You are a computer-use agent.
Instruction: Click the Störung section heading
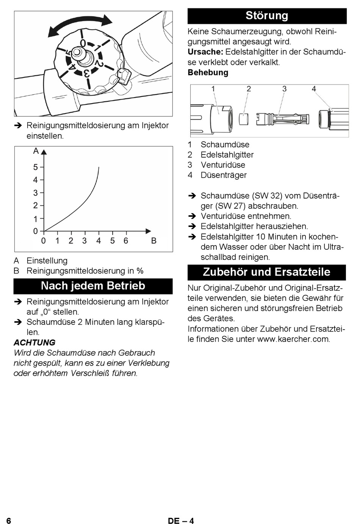[x=267, y=16]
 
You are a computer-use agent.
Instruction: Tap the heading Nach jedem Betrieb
[x=93, y=286]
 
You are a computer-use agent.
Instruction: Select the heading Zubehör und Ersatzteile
[x=266, y=272]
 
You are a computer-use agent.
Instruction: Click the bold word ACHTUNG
[x=34, y=343]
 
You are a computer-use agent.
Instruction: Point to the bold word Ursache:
[x=205, y=52]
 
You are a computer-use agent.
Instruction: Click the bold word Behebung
[x=208, y=72]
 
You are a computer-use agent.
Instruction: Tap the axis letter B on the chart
[x=154, y=241]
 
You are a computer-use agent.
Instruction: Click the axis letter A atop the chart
[x=36, y=151]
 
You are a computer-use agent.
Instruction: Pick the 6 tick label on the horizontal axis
[x=126, y=241]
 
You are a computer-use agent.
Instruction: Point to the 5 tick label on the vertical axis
[x=35, y=167]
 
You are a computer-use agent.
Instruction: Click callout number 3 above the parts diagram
[x=284, y=89]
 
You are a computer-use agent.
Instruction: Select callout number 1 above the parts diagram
[x=213, y=89]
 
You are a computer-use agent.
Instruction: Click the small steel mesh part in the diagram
[x=244, y=119]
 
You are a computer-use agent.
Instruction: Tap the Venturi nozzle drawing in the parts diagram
[x=283, y=119]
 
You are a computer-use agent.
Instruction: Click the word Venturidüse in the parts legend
[x=223, y=165]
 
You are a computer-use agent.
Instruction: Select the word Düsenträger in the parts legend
[x=224, y=175]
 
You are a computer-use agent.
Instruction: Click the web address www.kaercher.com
[x=293, y=339]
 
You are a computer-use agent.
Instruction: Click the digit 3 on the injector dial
[x=86, y=74]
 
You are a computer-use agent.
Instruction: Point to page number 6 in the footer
[x=9, y=521]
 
